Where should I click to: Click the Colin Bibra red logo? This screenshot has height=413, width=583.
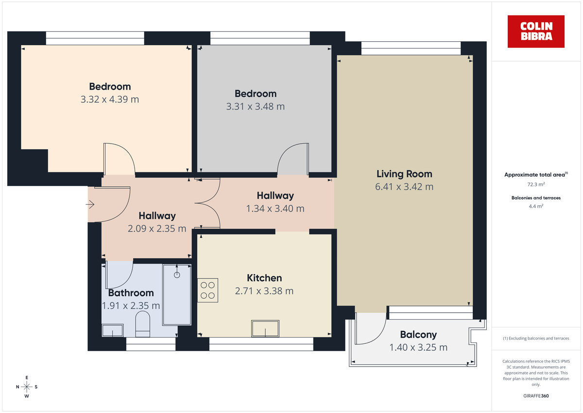tap(536, 32)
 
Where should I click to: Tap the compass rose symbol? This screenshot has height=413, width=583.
tap(27, 387)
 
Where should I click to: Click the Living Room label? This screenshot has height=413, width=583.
tap(404, 174)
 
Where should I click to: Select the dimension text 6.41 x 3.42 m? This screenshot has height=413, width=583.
tap(404, 186)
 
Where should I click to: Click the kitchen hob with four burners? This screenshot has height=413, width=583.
tap(208, 290)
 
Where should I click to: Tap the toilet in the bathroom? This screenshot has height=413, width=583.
tap(142, 324)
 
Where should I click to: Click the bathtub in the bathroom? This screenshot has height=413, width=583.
tap(177, 295)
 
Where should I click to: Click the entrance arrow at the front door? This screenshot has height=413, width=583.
tap(90, 205)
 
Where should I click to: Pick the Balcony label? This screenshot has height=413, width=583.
tap(418, 335)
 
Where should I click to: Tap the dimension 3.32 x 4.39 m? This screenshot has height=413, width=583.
tap(110, 99)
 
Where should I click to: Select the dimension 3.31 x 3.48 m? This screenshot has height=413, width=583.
tap(256, 106)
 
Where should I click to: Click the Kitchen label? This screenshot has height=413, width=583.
tap(264, 278)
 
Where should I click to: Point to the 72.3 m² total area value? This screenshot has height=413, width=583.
tap(536, 185)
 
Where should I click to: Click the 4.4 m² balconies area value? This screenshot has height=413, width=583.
tap(536, 206)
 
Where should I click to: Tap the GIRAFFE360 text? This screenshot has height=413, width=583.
tap(536, 396)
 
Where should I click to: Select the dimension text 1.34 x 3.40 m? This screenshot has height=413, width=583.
tap(275, 209)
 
